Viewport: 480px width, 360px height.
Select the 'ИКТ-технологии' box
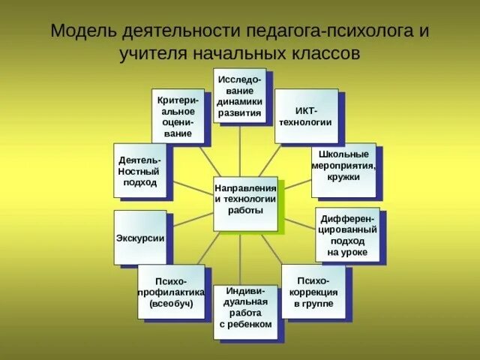click(x=305, y=115)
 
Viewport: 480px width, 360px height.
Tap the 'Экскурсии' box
click(x=140, y=238)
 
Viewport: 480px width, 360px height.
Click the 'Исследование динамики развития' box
click(x=239, y=94)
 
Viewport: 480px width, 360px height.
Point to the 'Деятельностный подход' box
click(x=139, y=170)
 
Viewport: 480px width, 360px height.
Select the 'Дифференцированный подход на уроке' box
click(x=346, y=235)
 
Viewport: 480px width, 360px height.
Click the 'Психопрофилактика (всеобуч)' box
click(x=171, y=291)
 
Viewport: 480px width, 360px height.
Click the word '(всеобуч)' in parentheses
click(x=171, y=304)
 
